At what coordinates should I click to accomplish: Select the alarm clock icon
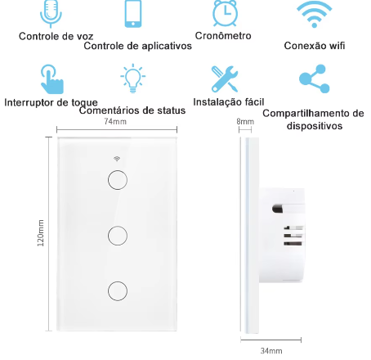point(224,13)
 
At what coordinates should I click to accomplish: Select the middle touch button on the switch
point(117,235)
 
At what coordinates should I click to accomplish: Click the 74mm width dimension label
point(115,122)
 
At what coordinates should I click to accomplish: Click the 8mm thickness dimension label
point(245,122)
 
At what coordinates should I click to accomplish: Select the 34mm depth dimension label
point(271,350)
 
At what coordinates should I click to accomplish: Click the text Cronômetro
point(224,36)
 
